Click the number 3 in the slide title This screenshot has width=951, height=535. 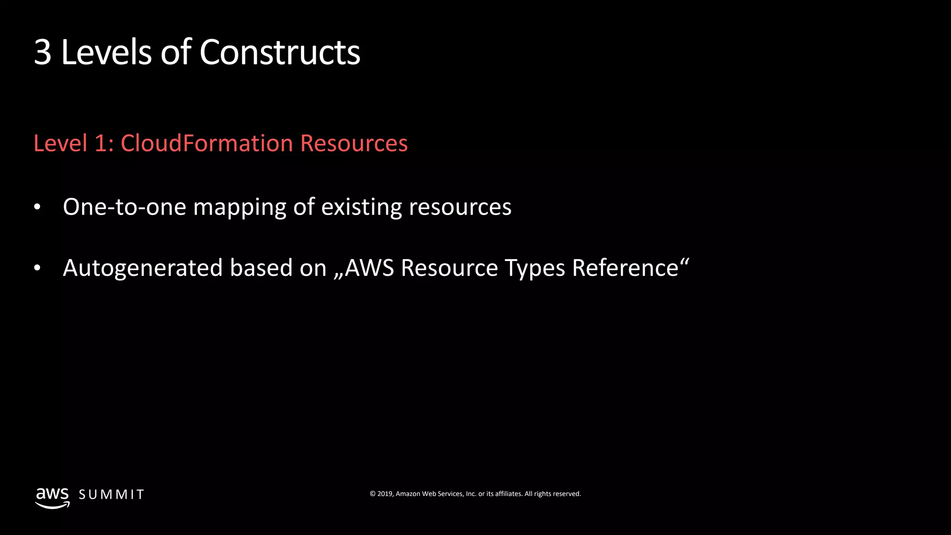[x=42, y=52]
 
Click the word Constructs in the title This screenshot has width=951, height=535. [x=280, y=52]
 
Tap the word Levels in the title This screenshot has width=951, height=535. [x=106, y=52]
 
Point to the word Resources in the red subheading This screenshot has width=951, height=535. [x=354, y=143]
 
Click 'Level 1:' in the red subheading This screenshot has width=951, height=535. [x=74, y=143]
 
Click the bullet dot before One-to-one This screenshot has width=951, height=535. [x=38, y=207]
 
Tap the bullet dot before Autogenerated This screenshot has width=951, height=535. [x=38, y=268]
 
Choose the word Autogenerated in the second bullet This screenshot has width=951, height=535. [x=143, y=268]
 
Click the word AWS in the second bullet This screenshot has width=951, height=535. [x=369, y=268]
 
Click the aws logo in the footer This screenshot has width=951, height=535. [x=52, y=497]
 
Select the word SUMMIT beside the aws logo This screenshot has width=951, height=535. [x=111, y=495]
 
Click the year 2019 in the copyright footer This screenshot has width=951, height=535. [x=384, y=494]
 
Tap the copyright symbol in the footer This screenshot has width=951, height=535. [x=372, y=494]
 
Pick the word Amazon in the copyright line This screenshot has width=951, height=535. [x=408, y=494]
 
